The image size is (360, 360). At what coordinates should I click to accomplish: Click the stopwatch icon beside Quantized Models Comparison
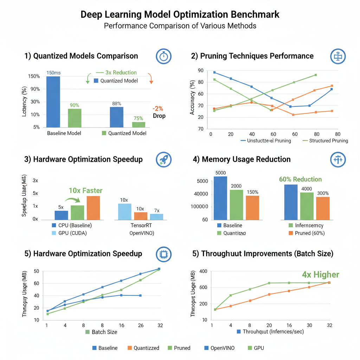click(163, 56)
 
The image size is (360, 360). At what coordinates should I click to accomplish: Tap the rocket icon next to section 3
click(163, 159)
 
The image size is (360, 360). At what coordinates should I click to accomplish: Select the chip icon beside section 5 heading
click(163, 254)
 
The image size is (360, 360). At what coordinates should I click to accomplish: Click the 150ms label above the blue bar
click(53, 73)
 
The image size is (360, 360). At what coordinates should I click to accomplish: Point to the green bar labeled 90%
click(75, 118)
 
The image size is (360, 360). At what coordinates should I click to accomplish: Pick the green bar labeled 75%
click(139, 124)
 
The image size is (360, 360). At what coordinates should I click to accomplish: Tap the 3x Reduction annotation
click(121, 72)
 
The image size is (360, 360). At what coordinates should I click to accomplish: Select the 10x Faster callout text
click(85, 191)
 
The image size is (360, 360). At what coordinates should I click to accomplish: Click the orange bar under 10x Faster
click(93, 208)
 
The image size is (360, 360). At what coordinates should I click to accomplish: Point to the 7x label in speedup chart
click(157, 211)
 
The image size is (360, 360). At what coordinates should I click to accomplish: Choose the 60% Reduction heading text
click(300, 179)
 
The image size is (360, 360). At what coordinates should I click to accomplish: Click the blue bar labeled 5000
click(220, 198)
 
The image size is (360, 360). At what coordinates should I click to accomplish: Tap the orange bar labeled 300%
click(323, 208)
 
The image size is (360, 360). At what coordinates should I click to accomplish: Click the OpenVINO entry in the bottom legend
click(222, 348)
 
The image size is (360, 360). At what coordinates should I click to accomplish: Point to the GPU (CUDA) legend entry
click(74, 233)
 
